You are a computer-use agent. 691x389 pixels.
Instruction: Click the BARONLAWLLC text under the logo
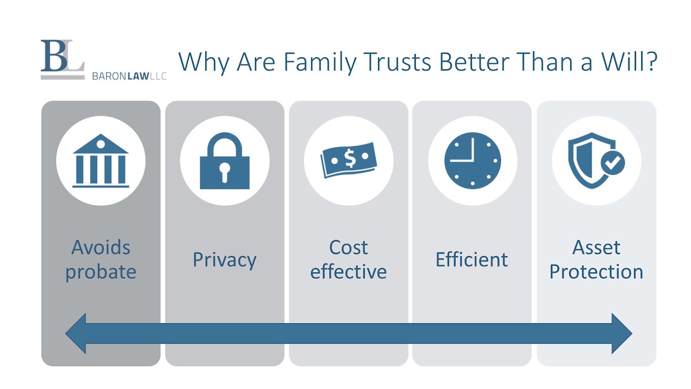click(130, 76)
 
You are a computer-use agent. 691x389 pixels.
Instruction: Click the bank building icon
click(101, 160)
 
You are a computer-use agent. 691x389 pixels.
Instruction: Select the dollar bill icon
click(348, 160)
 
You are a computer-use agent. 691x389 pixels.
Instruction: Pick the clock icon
click(472, 161)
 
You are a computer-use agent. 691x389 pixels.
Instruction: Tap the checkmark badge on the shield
click(613, 162)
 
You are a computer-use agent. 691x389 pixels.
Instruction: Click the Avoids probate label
click(101, 259)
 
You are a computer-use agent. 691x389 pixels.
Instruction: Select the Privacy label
click(225, 260)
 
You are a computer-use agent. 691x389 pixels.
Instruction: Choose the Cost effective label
click(348, 259)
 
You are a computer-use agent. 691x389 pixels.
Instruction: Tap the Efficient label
click(472, 260)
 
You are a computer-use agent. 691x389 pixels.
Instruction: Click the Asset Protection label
click(596, 259)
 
